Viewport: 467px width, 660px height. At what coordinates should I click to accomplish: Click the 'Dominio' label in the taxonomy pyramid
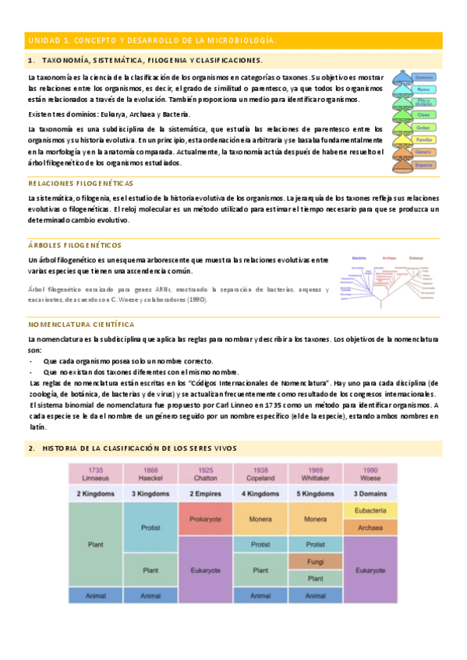tap(424, 78)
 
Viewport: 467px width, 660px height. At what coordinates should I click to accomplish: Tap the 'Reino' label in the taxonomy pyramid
tap(424, 90)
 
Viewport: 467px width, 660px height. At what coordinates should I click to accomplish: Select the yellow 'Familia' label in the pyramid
tap(424, 140)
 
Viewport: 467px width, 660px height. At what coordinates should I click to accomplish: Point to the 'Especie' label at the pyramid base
tap(424, 165)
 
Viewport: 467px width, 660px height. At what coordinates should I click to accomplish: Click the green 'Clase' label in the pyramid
tap(424, 115)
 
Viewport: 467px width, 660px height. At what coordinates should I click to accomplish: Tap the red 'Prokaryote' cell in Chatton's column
tap(206, 518)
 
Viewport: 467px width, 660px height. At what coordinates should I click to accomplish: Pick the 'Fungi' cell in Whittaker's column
tap(316, 561)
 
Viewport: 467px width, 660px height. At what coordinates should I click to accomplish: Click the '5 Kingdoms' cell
tap(316, 493)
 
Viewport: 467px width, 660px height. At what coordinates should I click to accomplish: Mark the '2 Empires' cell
tap(206, 493)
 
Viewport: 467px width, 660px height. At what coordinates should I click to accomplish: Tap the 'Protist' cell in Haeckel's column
tap(151, 528)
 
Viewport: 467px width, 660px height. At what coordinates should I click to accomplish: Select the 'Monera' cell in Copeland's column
tap(260, 518)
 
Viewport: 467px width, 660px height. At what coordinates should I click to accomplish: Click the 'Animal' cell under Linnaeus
tap(96, 595)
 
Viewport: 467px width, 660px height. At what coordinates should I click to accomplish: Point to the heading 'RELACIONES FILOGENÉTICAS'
tap(80, 183)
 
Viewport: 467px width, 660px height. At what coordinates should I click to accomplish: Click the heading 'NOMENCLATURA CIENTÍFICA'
tap(80, 324)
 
